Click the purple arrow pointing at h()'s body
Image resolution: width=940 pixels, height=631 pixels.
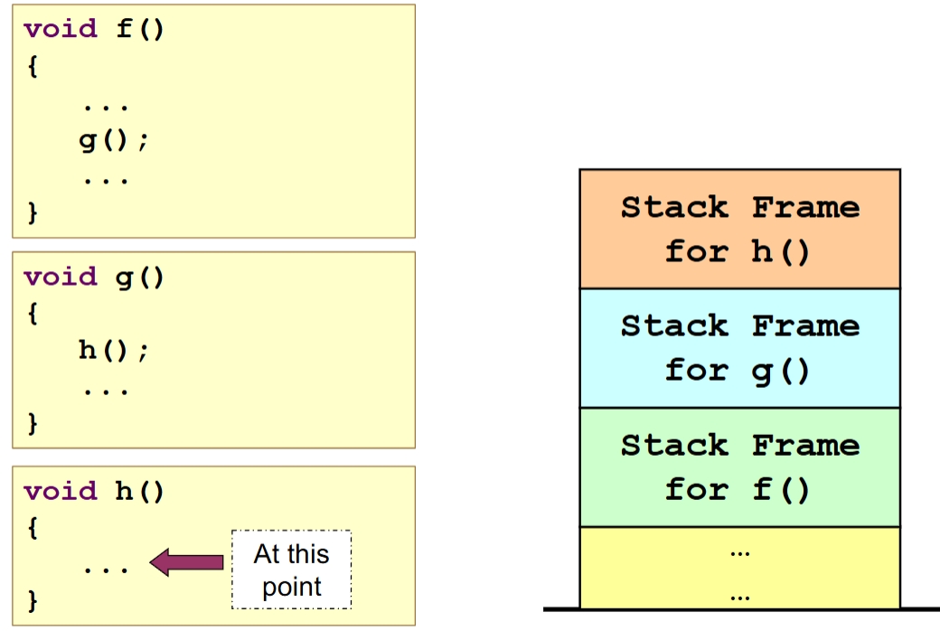[186, 562]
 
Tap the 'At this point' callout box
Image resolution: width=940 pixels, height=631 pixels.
[291, 570]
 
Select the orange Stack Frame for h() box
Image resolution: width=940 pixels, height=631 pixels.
[739, 229]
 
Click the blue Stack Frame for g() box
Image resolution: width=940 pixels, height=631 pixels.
[739, 348]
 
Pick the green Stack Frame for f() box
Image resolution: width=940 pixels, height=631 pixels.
[739, 467]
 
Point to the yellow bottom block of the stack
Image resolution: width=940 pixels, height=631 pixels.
[739, 568]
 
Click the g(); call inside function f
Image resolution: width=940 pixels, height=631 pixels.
[114, 141]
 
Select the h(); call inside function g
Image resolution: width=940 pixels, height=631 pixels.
[114, 351]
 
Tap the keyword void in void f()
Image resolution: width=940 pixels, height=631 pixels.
[60, 29]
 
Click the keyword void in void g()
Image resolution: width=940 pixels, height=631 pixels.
[60, 277]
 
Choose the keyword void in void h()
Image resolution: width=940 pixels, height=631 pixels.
[60, 491]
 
